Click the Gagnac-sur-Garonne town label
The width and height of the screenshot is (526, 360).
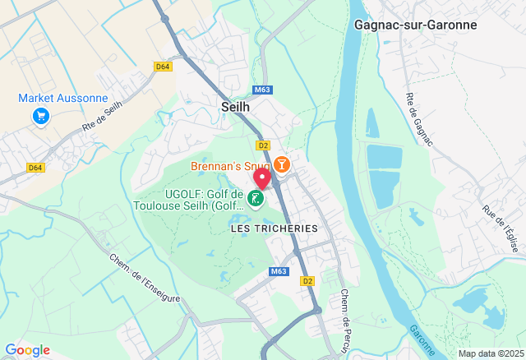click(415, 25)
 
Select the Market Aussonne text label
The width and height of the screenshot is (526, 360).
click(63, 99)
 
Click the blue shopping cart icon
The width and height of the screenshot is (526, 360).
click(40, 117)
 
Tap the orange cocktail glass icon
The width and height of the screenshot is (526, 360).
click(282, 164)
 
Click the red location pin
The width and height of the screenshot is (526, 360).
click(261, 178)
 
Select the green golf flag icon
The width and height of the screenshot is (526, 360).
click(256, 198)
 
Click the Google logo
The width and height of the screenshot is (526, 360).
click(27, 350)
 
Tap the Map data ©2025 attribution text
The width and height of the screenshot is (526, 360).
click(490, 353)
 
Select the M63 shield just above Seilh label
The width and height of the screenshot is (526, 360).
click(262, 90)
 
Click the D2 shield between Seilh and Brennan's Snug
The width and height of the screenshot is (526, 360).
click(263, 145)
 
